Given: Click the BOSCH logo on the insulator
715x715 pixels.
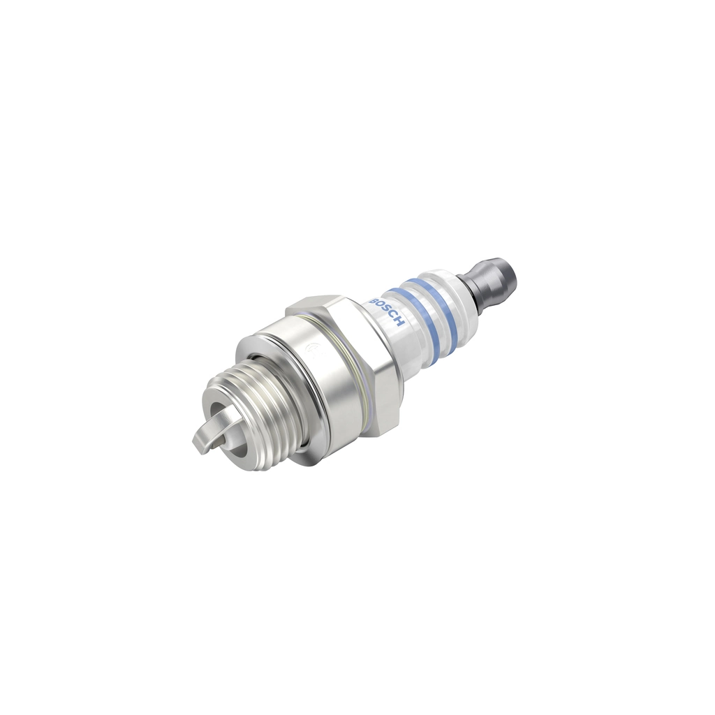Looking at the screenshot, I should coord(387,309).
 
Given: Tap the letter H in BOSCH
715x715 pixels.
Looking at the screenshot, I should coord(400,322).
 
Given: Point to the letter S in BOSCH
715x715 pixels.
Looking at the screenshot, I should coord(386,309).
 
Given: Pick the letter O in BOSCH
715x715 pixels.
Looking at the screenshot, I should coord(381,304).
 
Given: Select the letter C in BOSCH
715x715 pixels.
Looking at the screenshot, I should coord(393,316).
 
